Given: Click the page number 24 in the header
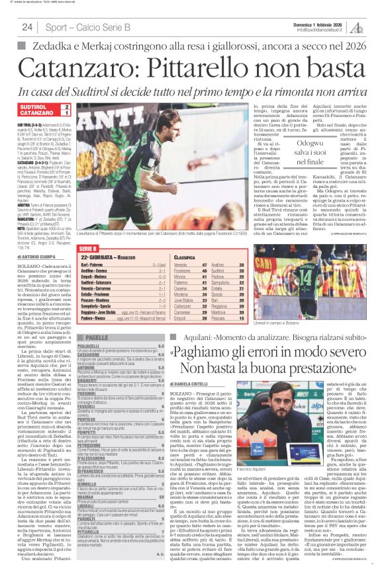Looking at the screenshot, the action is pyautogui.click(x=27, y=27).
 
